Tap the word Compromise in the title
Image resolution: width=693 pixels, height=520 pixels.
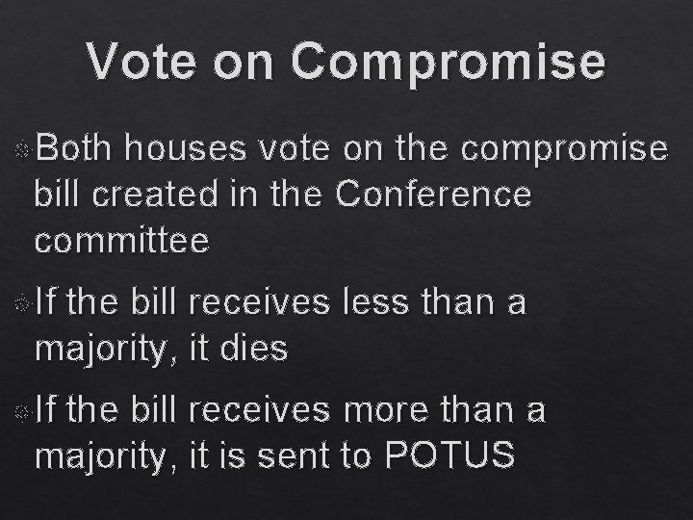(449, 62)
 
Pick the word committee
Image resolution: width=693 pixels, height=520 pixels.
(121, 240)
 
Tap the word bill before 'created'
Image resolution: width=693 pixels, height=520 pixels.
(57, 194)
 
